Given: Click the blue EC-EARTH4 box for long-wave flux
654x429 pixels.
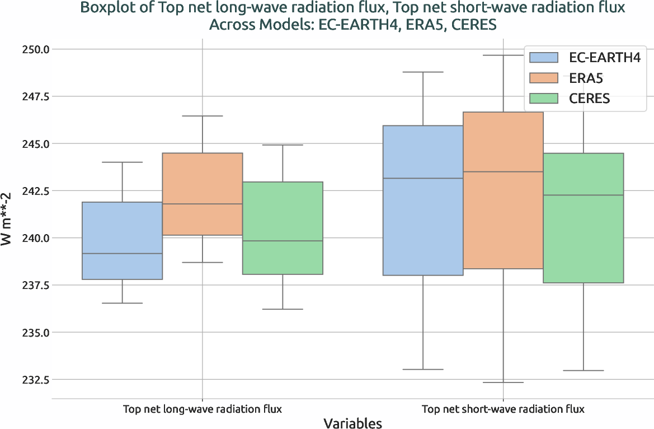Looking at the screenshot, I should tap(123, 240).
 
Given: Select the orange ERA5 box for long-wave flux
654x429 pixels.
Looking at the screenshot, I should tap(202, 194).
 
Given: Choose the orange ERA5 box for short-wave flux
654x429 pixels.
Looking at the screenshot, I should tap(503, 190).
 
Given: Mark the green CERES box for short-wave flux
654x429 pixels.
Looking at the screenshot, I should tap(583, 218).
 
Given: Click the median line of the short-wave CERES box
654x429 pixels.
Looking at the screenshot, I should tap(583, 195).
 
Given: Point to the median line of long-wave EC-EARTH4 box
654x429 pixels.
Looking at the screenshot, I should tap(123, 254).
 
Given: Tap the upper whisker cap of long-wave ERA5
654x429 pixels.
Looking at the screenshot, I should tap(202, 116).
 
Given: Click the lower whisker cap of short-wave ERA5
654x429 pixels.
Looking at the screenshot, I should tap(503, 383).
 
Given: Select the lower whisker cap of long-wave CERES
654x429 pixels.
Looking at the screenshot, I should tap(283, 309).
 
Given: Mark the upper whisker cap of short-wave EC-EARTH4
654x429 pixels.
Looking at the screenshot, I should tap(423, 72).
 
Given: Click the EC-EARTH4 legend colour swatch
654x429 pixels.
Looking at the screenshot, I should tap(543, 57).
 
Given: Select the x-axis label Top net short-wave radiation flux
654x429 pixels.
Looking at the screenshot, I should tap(503, 409).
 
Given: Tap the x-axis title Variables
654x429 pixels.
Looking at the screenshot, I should tap(352, 423).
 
